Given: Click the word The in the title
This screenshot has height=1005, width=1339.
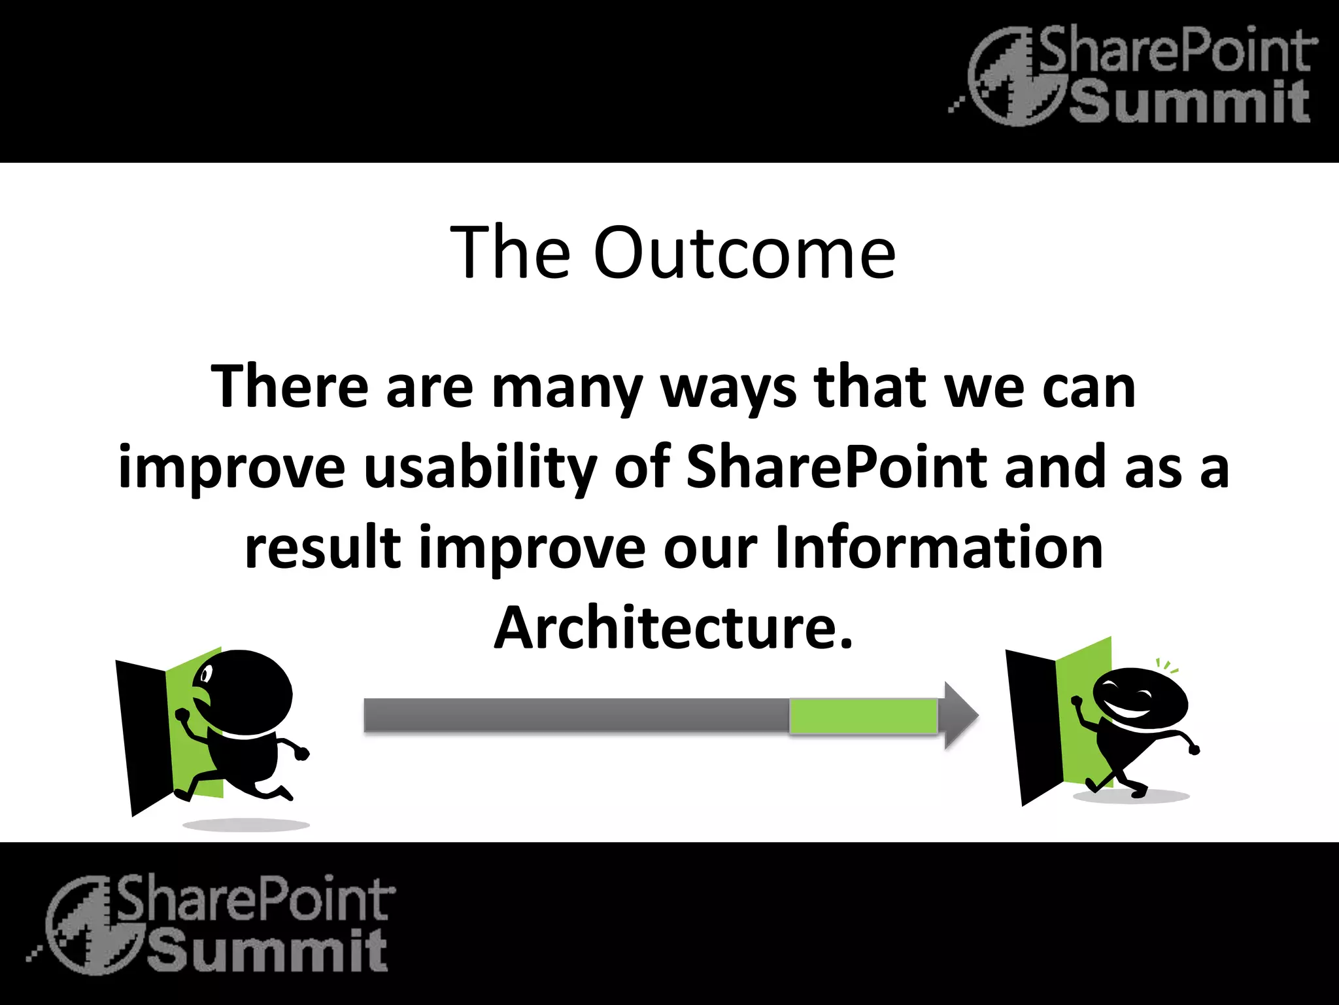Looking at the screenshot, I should coord(510,253).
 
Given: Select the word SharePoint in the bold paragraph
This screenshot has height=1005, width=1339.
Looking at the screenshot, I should coord(836,467).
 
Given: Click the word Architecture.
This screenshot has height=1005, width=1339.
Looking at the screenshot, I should coord(673,628).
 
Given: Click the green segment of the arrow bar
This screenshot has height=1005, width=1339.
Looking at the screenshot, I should coord(863,716).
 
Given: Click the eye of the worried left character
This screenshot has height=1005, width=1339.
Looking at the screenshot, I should coord(207,673).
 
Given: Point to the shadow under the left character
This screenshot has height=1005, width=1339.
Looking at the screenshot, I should coord(246,824).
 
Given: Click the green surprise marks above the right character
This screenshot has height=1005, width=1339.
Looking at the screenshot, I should coord(1167,666).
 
